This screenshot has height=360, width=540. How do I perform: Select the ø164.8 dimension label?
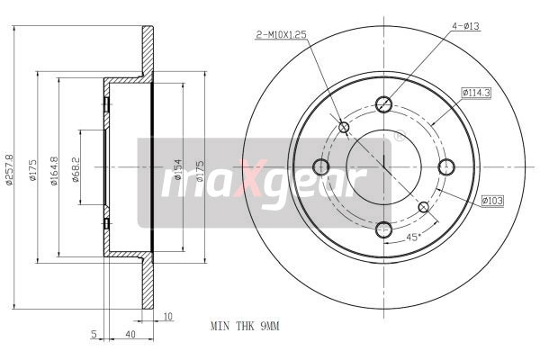coord(54,171)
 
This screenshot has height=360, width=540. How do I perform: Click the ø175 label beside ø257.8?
coord(32,171)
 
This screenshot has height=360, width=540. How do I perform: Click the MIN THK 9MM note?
coord(245,326)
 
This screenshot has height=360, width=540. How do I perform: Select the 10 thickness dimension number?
coord(167,316)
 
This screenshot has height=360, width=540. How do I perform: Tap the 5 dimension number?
coord(94,335)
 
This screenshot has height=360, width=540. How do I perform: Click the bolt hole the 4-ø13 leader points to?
coord(384,103)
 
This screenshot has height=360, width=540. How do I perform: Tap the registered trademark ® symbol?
coord(399,139)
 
